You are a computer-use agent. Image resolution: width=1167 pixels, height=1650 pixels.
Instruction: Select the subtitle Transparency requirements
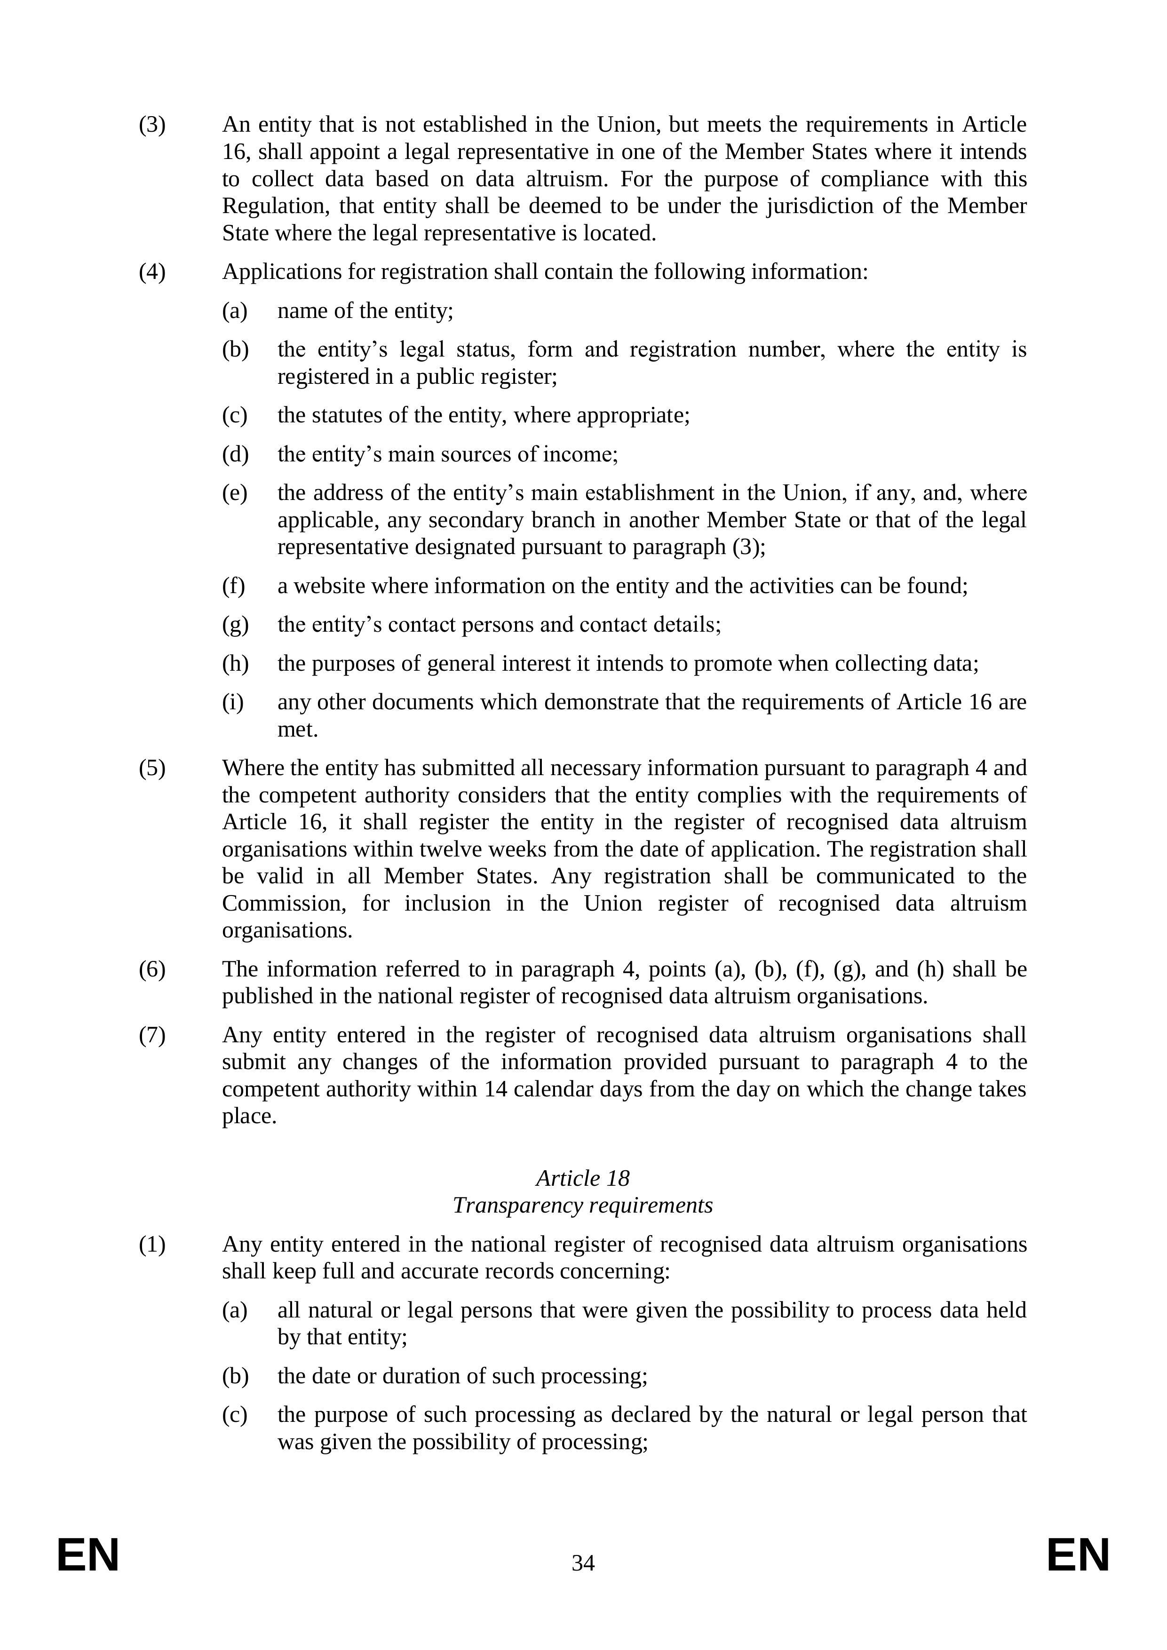pyautogui.click(x=583, y=1205)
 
